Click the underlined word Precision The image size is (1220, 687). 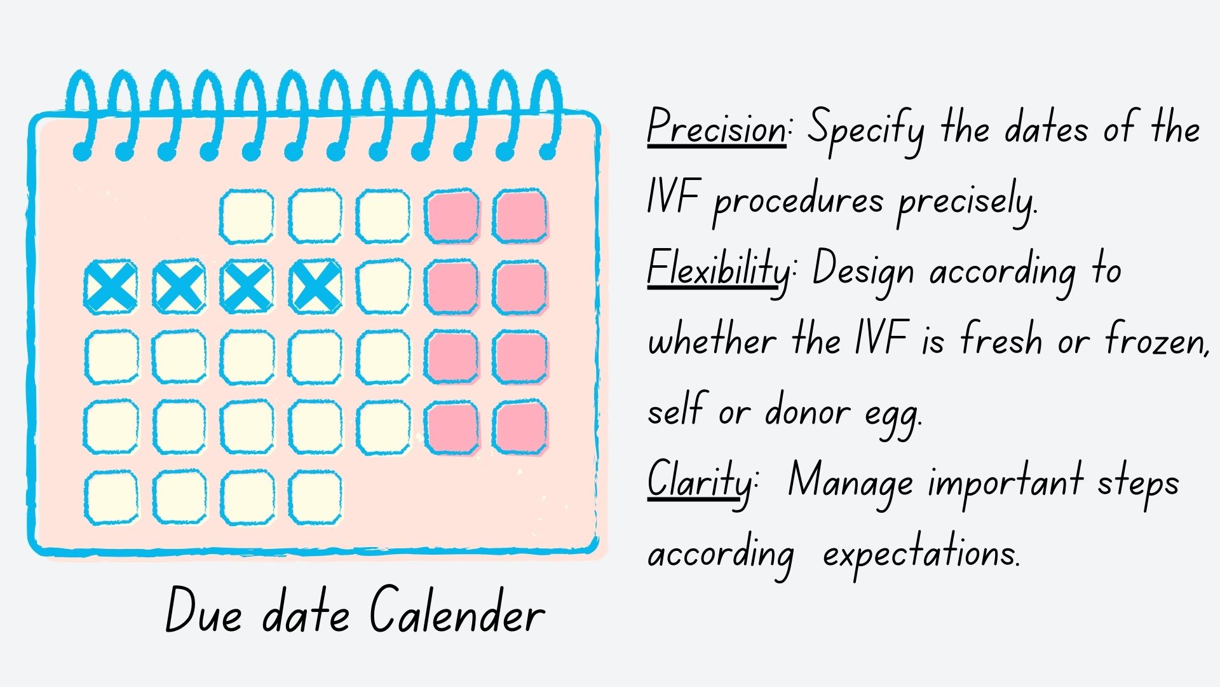[717, 129]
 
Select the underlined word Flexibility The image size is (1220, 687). [718, 270]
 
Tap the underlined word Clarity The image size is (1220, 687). [699, 481]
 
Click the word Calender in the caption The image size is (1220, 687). [457, 611]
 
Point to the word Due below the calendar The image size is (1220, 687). [203, 611]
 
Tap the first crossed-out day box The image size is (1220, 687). [111, 287]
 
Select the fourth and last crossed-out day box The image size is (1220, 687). [315, 287]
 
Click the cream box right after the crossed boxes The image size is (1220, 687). [383, 287]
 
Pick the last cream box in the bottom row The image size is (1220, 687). [315, 498]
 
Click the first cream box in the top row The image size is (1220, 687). [247, 216]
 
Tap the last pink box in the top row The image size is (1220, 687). [520, 216]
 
